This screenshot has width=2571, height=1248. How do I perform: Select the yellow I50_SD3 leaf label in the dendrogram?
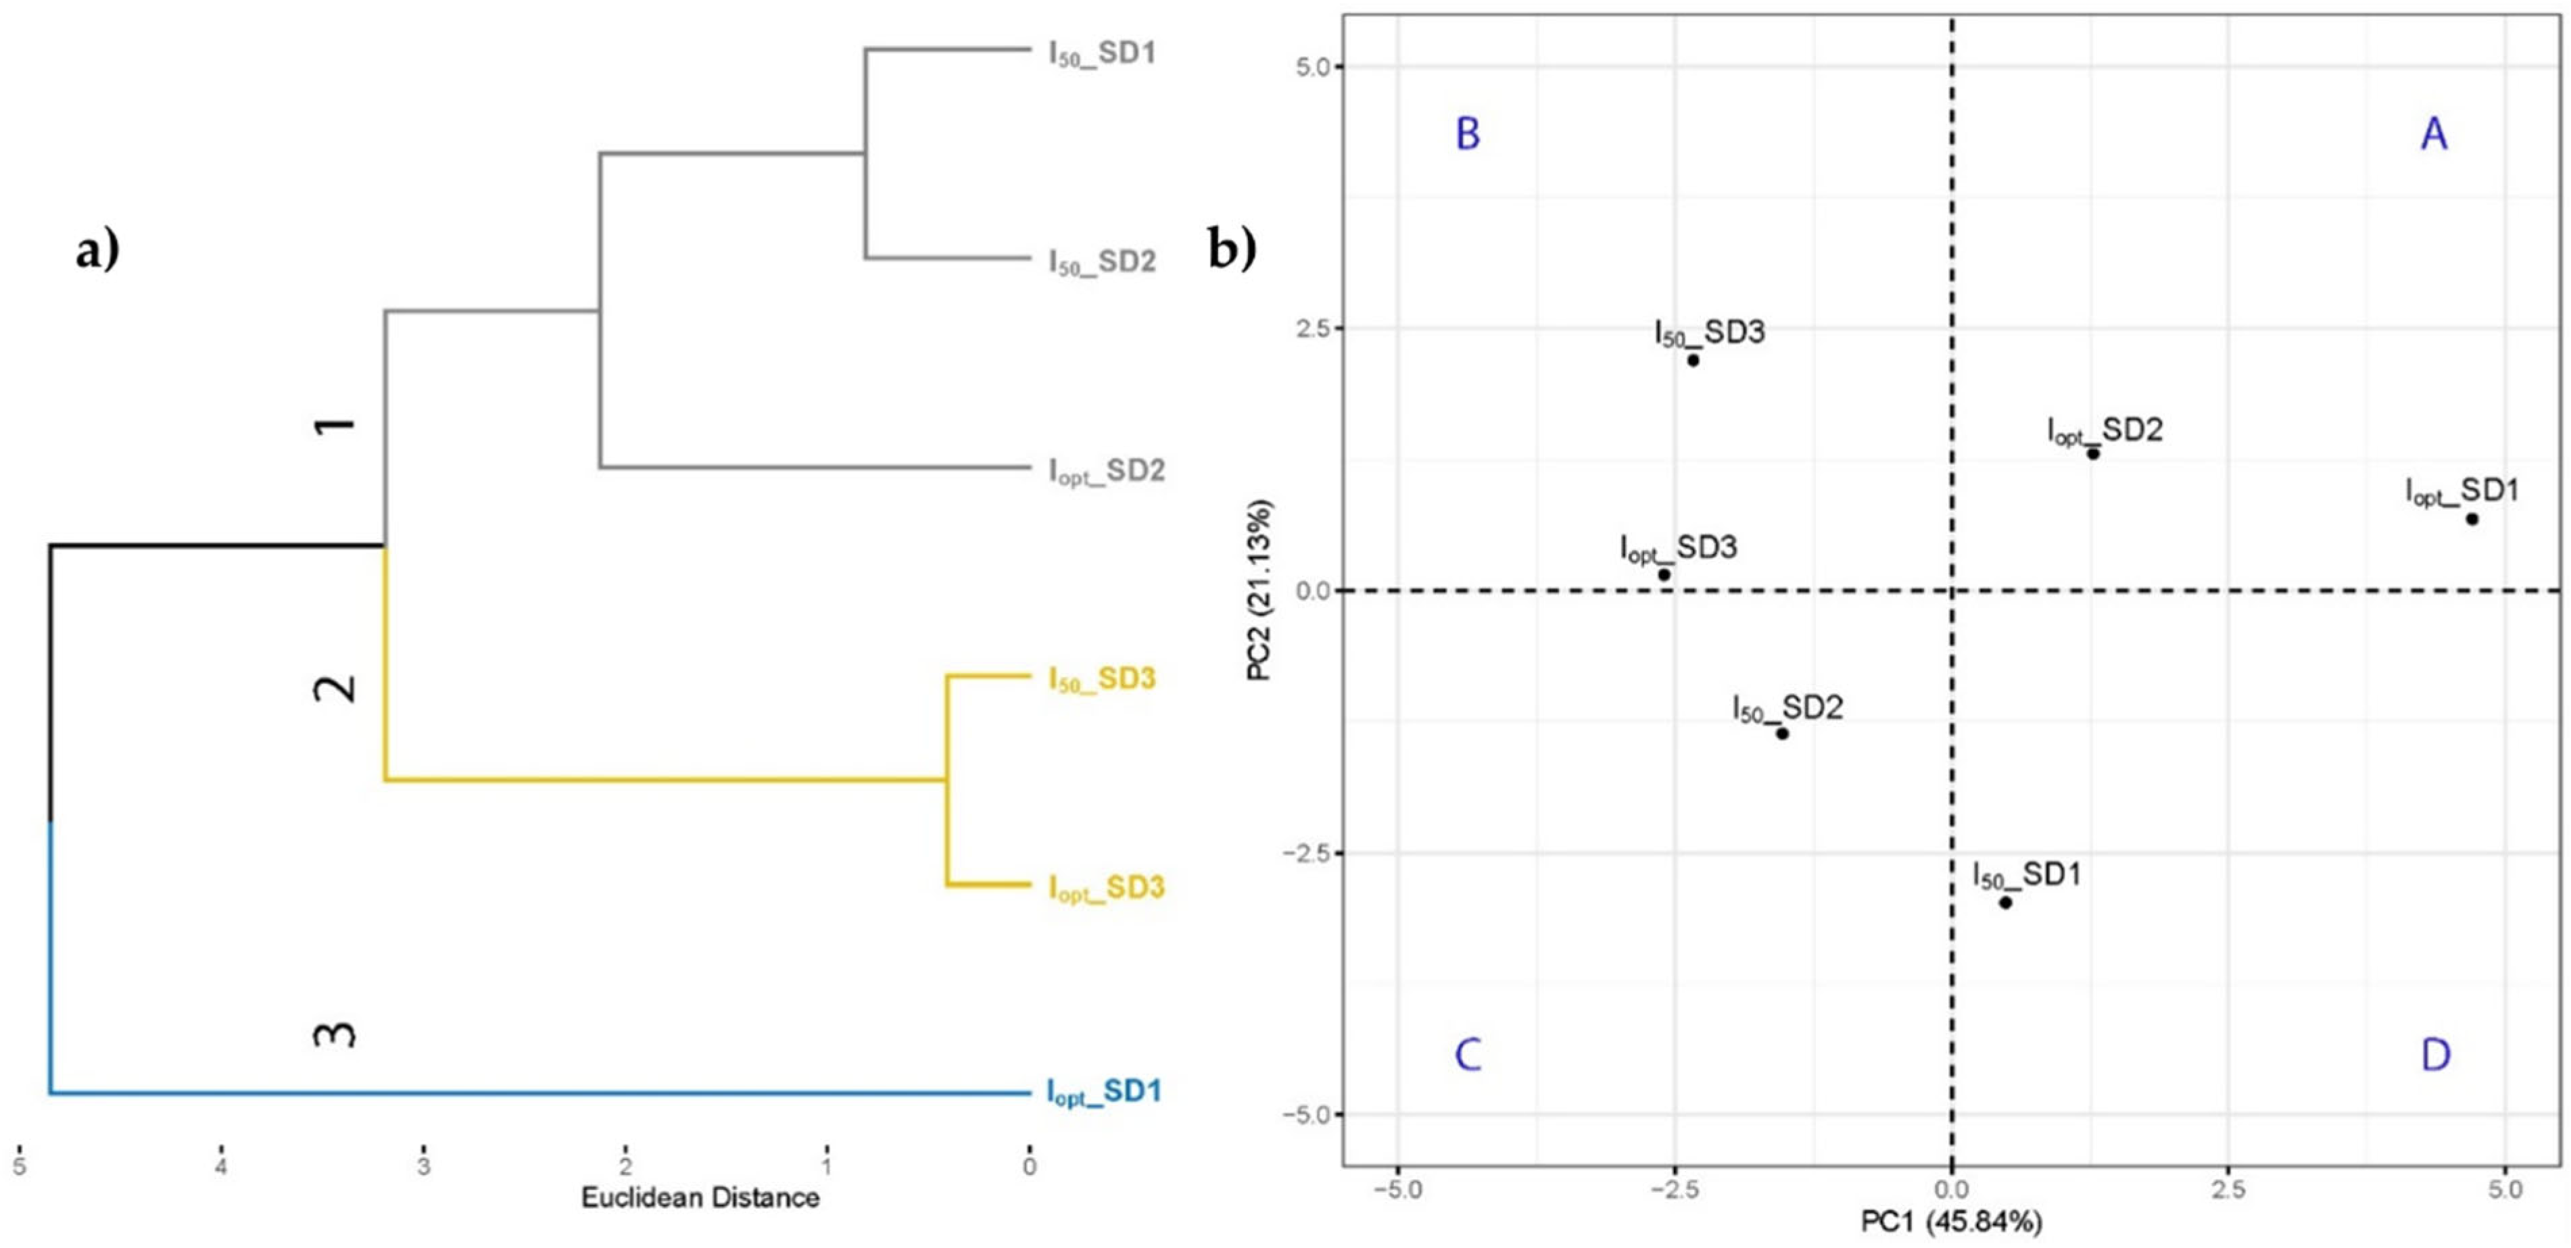pyautogui.click(x=1102, y=679)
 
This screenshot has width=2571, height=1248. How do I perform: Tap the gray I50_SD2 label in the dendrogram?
pyautogui.click(x=1102, y=261)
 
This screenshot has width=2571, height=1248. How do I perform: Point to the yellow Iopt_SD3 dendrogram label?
pyautogui.click(x=1106, y=888)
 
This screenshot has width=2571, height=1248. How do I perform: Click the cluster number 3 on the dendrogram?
pyautogui.click(x=335, y=1034)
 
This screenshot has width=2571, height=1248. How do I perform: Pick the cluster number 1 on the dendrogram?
pyautogui.click(x=335, y=425)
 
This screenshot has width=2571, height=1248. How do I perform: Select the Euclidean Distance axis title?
pyautogui.click(x=700, y=1198)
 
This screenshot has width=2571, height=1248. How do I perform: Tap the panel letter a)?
pyautogui.click(x=97, y=249)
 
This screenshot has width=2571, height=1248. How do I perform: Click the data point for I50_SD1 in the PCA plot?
pyautogui.click(x=2005, y=902)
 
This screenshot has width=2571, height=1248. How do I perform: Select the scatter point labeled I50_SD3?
pyautogui.click(x=1693, y=360)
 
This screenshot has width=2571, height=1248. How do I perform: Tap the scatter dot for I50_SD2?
pyautogui.click(x=1781, y=733)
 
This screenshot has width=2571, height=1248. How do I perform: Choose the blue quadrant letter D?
pyautogui.click(x=2435, y=1055)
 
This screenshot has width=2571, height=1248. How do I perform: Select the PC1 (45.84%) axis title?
pyautogui.click(x=1951, y=1221)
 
